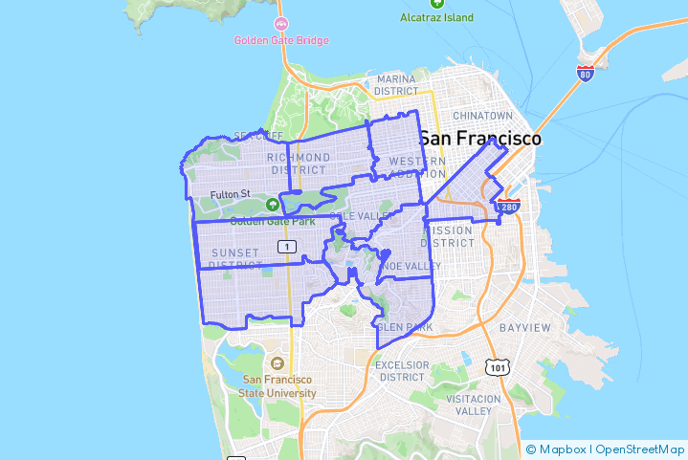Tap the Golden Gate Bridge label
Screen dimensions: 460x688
point(281,40)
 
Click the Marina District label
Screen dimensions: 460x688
point(396,85)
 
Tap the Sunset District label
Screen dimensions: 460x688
point(235,258)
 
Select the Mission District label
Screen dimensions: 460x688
point(448,236)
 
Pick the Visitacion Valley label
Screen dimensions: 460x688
point(473,405)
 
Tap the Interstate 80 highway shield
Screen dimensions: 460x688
point(585,73)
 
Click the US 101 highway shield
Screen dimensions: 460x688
point(497,367)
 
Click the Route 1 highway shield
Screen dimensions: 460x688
point(286,247)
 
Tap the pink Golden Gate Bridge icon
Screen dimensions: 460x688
point(281,23)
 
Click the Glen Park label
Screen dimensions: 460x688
point(405,327)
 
